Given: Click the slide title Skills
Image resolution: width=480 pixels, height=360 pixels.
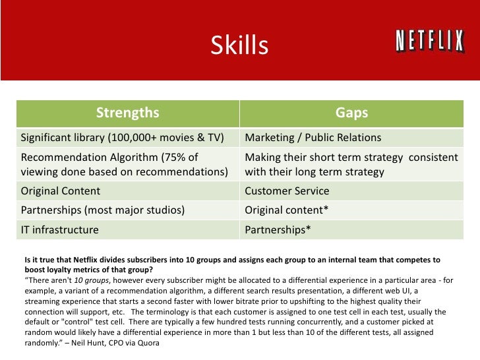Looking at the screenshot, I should (239, 46).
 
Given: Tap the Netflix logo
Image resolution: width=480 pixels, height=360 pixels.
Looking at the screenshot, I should (429, 42).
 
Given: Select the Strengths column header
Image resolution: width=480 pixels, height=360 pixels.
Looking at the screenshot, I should (127, 113).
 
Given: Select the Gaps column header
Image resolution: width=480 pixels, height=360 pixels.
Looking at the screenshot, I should (351, 113).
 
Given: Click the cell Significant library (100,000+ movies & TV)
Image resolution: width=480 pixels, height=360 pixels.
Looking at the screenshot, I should (122, 138).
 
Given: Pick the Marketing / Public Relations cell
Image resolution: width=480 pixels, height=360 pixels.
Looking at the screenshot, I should (313, 138).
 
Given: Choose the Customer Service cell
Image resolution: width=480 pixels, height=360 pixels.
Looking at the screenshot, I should (287, 191).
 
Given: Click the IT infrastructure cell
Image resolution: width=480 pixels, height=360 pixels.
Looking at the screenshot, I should (60, 230).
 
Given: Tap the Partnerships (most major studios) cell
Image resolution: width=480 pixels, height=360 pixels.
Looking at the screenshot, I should (103, 211).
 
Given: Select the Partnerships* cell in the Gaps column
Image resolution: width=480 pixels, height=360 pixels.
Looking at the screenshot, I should (278, 230).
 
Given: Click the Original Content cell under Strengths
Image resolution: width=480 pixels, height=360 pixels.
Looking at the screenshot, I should (61, 191).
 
